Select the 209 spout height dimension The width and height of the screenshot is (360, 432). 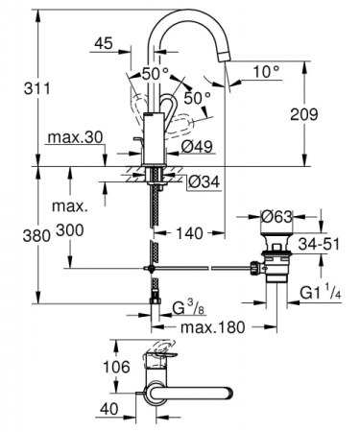pyautogui.click(x=327, y=114)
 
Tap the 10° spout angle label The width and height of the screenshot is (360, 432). pyautogui.click(x=266, y=70)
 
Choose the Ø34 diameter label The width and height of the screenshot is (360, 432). pyautogui.click(x=203, y=182)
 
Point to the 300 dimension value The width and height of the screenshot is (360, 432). pyautogui.click(x=69, y=231)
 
